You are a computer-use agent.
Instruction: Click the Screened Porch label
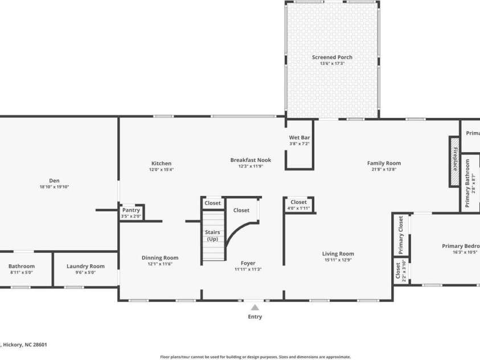pos(332,57)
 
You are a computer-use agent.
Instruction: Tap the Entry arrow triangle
pos(255,308)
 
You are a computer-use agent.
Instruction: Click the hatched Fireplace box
pos(454,161)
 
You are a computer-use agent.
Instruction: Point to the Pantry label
pos(131,210)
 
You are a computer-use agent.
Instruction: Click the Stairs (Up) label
pos(212,235)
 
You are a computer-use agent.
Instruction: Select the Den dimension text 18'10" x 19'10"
pos(54,187)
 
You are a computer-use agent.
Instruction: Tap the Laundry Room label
pos(85,266)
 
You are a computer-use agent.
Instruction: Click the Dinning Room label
pos(160,257)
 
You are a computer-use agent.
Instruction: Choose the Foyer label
pos(248,263)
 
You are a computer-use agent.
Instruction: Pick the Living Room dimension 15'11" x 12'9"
pos(338,260)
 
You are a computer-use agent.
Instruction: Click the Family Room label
pos(384,163)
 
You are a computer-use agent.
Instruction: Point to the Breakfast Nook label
pos(251,160)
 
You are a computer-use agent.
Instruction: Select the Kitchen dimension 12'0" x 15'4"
pos(161,170)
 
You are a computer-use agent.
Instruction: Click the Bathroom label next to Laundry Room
pos(22,266)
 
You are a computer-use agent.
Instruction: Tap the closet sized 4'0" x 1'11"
pos(298,205)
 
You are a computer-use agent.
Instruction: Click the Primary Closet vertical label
pos(401,235)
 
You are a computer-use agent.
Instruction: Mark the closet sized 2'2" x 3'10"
pos(401,271)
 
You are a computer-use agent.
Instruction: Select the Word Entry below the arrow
pos(255,317)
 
